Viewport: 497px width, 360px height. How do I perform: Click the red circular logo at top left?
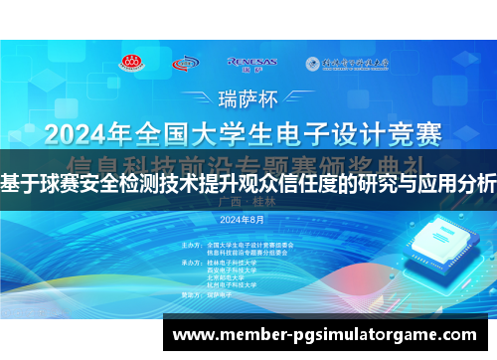pos(131,63)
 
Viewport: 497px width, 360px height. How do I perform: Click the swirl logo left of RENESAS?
pos(186,64)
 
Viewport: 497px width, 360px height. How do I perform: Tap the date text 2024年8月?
pos(244,218)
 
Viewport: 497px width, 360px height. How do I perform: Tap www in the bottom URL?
pos(196,336)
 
